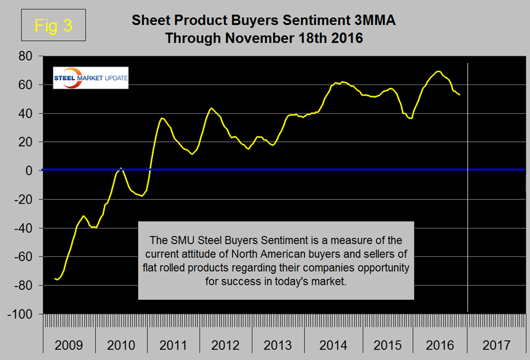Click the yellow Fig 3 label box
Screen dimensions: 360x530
point(53,25)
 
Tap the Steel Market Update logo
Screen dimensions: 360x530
point(90,78)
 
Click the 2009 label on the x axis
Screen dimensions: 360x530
point(69,346)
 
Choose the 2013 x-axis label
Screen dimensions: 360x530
point(278,346)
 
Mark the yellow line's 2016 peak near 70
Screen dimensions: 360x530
point(438,71)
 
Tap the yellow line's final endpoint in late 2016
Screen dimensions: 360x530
point(460,95)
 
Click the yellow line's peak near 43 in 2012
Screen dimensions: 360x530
point(211,108)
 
